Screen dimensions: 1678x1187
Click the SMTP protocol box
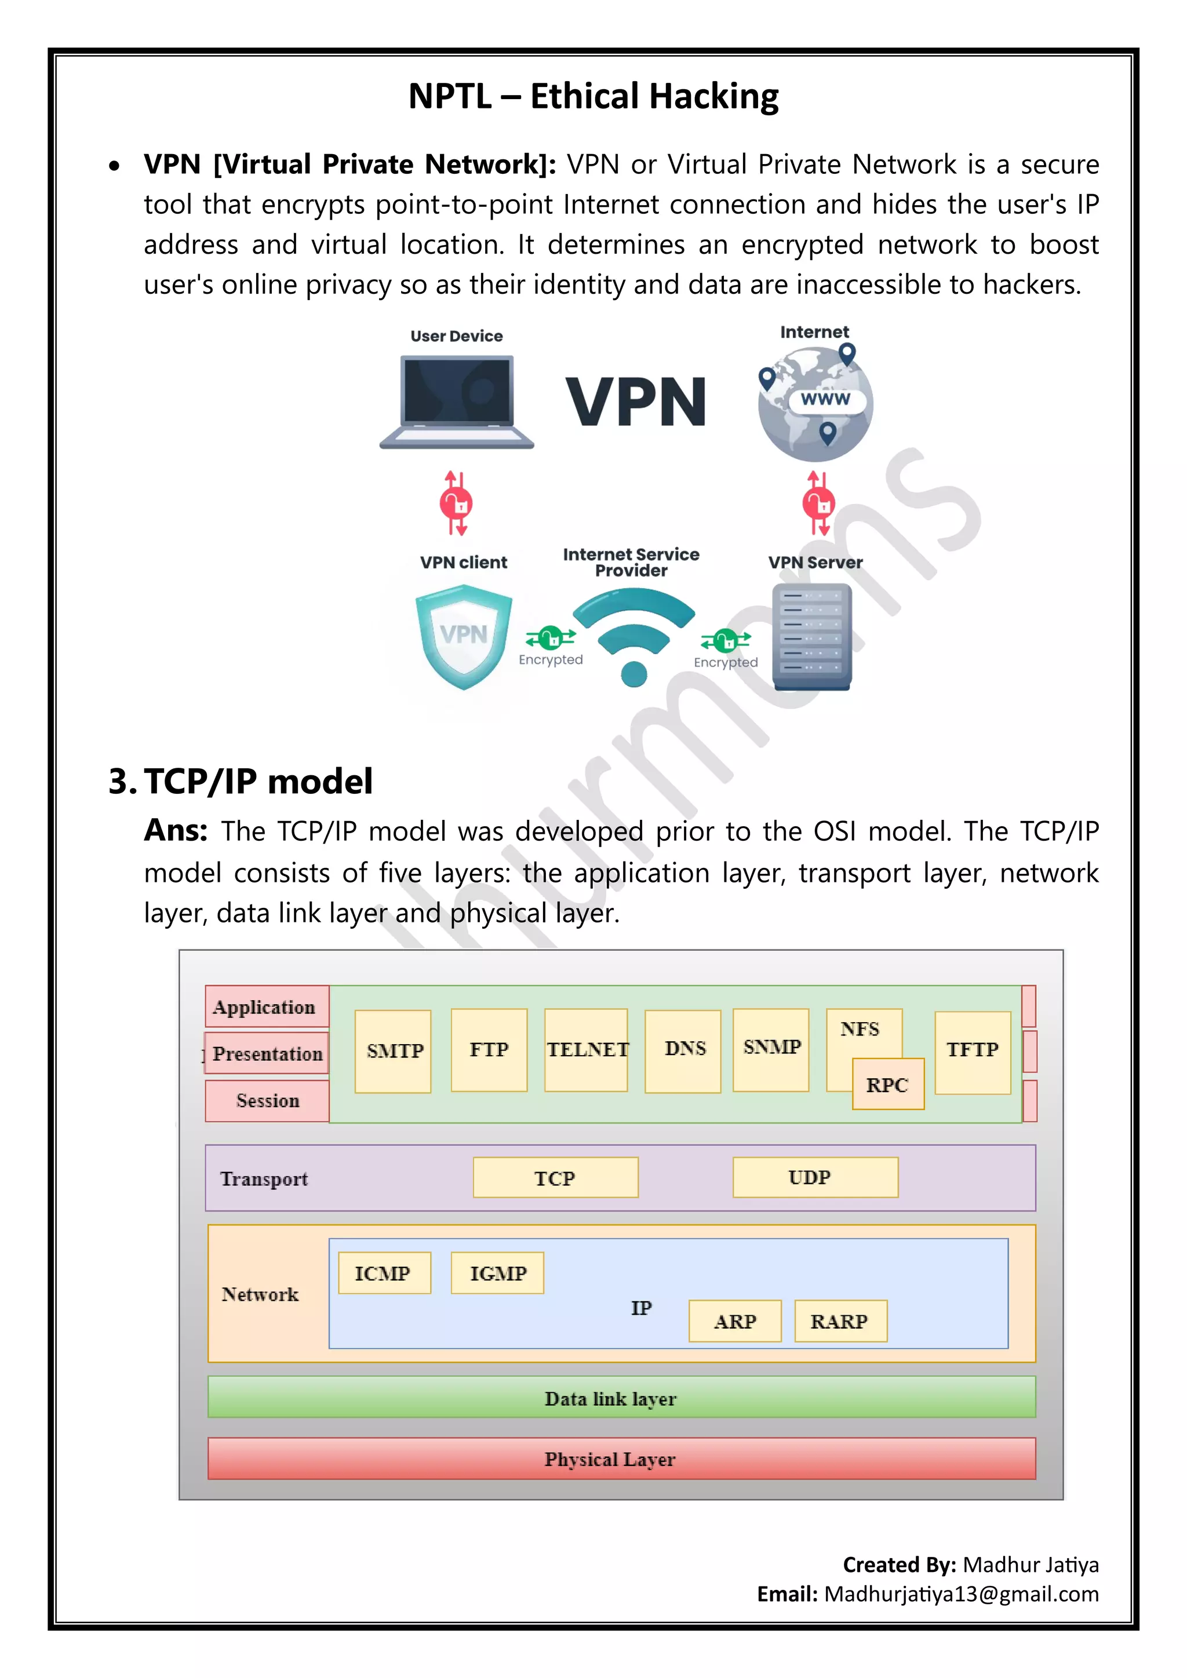coord(393,1051)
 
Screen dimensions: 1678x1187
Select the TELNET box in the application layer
coord(586,1049)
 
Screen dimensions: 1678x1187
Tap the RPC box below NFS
coord(888,1085)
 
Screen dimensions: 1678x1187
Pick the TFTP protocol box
coord(973,1052)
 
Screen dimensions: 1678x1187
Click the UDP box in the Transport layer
coord(815,1177)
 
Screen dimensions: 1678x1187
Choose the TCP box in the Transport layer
coord(555,1177)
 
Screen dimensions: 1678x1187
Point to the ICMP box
coord(384,1273)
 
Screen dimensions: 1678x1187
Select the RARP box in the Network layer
coord(840,1320)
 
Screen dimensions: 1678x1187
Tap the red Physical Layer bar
coord(621,1459)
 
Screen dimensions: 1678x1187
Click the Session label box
coord(268,1101)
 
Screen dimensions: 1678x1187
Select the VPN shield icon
coord(464,636)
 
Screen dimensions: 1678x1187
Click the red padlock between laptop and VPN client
coord(456,504)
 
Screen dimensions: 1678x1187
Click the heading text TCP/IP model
coord(258,780)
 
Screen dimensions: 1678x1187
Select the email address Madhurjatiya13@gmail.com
coord(961,1594)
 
